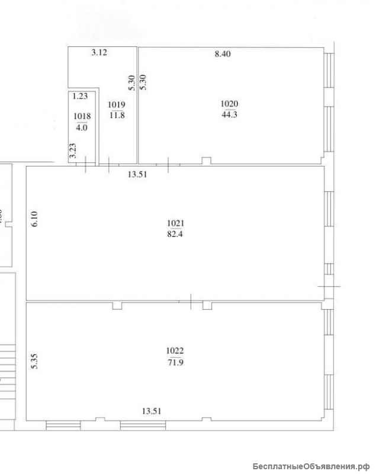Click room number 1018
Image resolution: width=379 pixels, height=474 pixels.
[82, 116]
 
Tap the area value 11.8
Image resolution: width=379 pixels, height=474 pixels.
[117, 115]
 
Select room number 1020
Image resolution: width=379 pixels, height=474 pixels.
[229, 104]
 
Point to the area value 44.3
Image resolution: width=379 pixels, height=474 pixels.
[229, 114]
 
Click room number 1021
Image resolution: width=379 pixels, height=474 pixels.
[176, 223]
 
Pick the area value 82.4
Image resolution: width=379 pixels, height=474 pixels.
[175, 234]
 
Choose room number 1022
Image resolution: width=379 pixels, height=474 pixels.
[175, 351]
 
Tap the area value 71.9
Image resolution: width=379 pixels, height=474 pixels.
[176, 362]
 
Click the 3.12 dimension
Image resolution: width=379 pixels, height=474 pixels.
[99, 52]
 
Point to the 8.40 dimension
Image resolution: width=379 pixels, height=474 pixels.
[223, 54]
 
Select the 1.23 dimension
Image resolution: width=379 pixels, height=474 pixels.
[80, 96]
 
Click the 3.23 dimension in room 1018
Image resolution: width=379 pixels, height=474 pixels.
[73, 150]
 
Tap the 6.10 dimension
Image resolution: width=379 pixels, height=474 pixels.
[34, 219]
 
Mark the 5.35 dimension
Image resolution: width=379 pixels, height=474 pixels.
[34, 361]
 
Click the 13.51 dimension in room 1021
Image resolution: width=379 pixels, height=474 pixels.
[137, 174]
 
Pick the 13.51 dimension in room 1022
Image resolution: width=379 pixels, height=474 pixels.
[152, 411]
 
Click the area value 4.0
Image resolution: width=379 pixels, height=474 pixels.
[82, 127]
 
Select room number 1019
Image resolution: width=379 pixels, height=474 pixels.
[117, 105]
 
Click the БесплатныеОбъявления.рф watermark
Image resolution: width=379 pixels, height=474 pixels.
[311, 466]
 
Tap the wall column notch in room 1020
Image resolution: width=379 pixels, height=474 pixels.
[207, 161]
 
